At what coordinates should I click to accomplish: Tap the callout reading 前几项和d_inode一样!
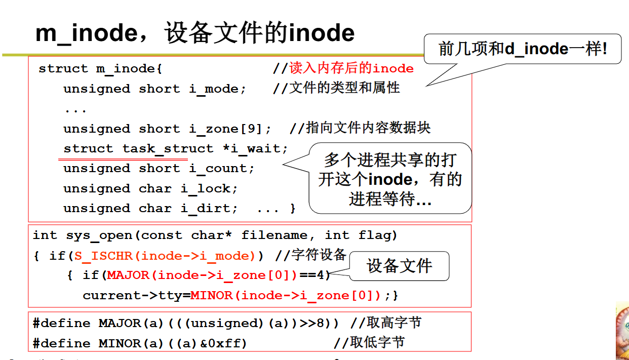(522, 49)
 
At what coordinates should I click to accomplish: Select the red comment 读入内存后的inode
(351, 68)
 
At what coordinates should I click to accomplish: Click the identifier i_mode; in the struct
(217, 89)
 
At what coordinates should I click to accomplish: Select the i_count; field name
(222, 168)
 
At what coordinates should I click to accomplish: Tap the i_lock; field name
(209, 188)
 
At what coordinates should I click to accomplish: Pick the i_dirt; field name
(209, 208)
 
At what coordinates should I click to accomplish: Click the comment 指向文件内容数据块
(368, 128)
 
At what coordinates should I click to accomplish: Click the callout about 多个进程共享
(390, 179)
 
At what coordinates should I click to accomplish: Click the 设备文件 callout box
(400, 266)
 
